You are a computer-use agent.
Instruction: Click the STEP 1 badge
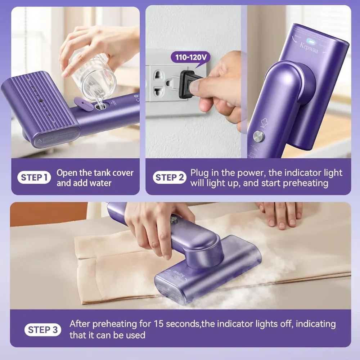click(x=35, y=177)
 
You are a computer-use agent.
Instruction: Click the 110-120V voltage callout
click(x=191, y=57)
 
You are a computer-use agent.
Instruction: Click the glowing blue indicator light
click(x=307, y=41)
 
